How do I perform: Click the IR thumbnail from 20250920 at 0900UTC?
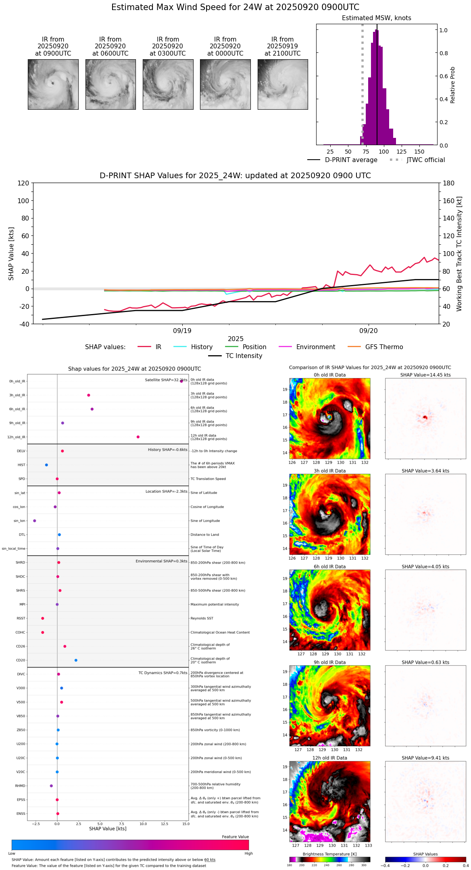[x=53, y=84]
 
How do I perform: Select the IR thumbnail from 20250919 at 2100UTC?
[x=283, y=84]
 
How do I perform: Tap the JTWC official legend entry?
[x=425, y=160]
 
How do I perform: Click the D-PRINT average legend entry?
[x=351, y=160]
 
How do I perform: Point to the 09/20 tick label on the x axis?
[x=368, y=331]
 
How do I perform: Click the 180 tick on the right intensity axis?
[x=449, y=183]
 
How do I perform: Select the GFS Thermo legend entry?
[x=384, y=347]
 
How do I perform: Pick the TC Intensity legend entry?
[x=244, y=356]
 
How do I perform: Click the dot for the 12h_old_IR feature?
[x=138, y=437]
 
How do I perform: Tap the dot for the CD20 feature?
[x=76, y=660]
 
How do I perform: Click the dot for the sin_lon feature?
[x=35, y=521]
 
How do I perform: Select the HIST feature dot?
[x=46, y=465]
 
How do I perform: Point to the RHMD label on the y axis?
[x=20, y=786]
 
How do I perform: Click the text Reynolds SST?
[x=202, y=618]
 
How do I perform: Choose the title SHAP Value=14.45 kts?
[x=425, y=375]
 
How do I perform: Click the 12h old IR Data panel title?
[x=329, y=758]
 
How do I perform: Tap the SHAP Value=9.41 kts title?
[x=425, y=758]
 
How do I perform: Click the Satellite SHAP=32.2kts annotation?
[x=166, y=380]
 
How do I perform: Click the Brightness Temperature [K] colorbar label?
[x=329, y=854]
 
